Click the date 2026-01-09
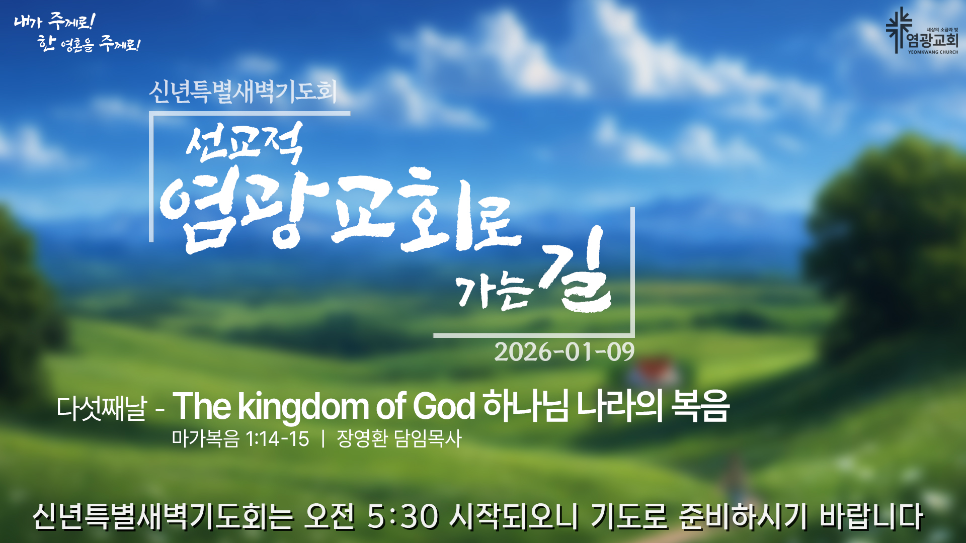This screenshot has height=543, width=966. (x=564, y=351)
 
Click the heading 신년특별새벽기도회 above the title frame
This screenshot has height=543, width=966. (x=243, y=92)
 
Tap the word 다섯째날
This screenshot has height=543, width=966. (x=102, y=408)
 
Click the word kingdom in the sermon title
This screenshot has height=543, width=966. (x=303, y=406)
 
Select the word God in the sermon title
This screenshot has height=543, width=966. (x=443, y=406)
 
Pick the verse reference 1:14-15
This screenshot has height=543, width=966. (x=277, y=439)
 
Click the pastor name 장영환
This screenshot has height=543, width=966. (x=362, y=438)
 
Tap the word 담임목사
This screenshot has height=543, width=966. (x=428, y=438)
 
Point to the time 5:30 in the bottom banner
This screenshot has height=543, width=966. (x=402, y=516)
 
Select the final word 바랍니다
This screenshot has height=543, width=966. (x=871, y=516)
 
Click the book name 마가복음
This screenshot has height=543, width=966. (x=205, y=438)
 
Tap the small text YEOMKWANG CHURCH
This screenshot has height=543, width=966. (x=933, y=52)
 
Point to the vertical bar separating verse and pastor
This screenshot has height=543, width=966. (x=323, y=438)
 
